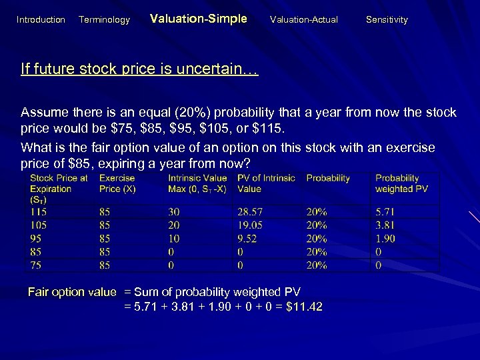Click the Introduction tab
point(41,20)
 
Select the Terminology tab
point(104,20)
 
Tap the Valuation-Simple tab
point(198,19)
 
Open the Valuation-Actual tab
point(303,20)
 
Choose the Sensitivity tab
point(387,20)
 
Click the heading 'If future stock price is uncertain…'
point(139,69)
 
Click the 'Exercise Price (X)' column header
point(117,183)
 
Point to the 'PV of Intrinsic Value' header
point(265,183)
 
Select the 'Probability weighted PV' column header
point(401,183)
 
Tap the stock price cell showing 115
point(39,211)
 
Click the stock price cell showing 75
point(36,265)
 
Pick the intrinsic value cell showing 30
point(174,211)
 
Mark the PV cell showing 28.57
point(249,211)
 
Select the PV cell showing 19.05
point(249,225)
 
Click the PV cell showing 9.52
point(247,238)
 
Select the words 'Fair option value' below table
point(72,292)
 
